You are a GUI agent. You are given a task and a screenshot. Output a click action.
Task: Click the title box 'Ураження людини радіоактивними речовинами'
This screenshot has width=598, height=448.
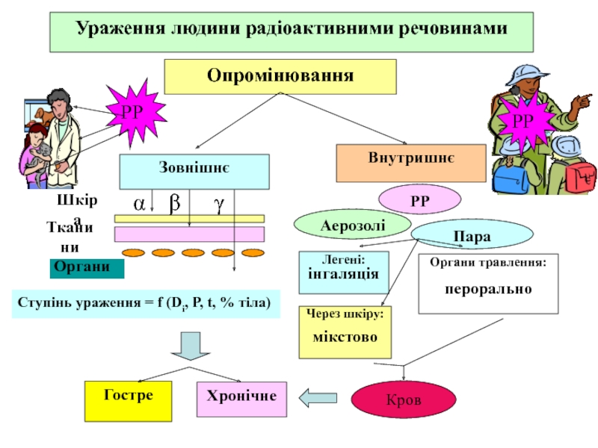(291, 32)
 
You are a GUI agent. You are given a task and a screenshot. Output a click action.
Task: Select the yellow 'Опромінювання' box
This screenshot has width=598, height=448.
(280, 76)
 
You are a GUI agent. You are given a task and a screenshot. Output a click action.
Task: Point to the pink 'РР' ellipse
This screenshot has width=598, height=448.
(419, 199)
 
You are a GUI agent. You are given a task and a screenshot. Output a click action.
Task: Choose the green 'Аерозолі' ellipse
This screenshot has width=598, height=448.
(343, 223)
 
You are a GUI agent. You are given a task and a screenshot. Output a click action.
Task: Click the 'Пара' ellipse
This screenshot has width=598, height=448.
(460, 237)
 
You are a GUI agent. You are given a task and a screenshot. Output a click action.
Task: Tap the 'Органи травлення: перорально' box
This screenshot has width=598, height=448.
(488, 283)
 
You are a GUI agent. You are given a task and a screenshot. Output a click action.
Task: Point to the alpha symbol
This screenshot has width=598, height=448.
(139, 203)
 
